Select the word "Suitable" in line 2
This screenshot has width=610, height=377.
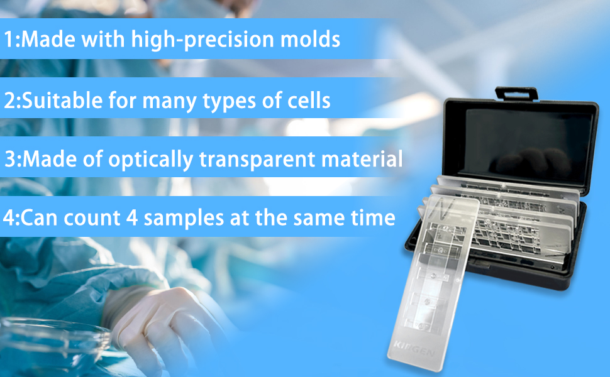(x=62, y=100)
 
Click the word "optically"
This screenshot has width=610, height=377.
(x=150, y=160)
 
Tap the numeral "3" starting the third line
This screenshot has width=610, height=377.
(x=11, y=159)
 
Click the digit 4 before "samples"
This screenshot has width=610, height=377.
(x=132, y=217)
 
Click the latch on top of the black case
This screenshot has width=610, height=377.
(x=516, y=94)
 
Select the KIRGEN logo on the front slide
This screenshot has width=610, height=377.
(x=414, y=348)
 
